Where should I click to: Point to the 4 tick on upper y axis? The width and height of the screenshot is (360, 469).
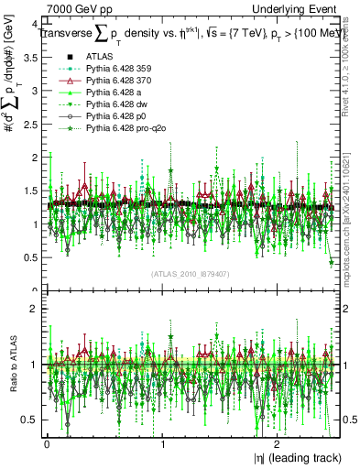(x=35, y=25)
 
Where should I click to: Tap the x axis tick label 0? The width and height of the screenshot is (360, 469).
(x=47, y=444)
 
